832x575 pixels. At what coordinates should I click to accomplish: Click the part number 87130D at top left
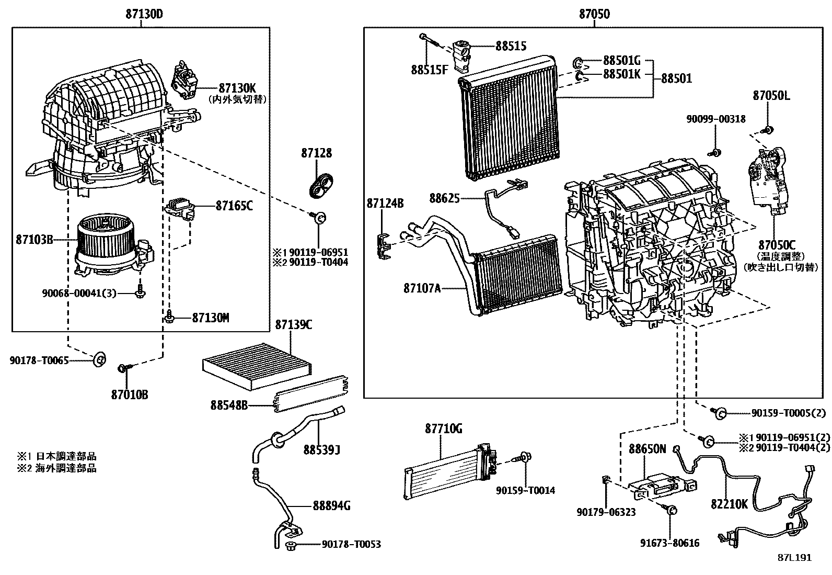point(144,14)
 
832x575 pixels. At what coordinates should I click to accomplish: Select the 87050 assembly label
point(594,14)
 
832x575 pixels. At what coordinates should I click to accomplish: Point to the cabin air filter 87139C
point(257,366)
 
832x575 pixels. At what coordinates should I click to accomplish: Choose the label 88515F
point(430,70)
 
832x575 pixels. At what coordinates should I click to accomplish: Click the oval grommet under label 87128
point(321,185)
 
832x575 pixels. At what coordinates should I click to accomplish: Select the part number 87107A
point(422,288)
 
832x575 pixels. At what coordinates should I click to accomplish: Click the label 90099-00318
point(716,119)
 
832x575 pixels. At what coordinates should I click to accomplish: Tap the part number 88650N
point(647,449)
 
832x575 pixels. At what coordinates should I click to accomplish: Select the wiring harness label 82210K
point(729,504)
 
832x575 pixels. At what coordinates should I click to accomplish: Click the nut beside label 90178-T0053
point(291,546)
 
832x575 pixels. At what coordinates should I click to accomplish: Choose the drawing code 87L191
point(795,558)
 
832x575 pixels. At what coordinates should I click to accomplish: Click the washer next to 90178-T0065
point(99,359)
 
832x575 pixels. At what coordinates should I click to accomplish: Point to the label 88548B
point(229,405)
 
